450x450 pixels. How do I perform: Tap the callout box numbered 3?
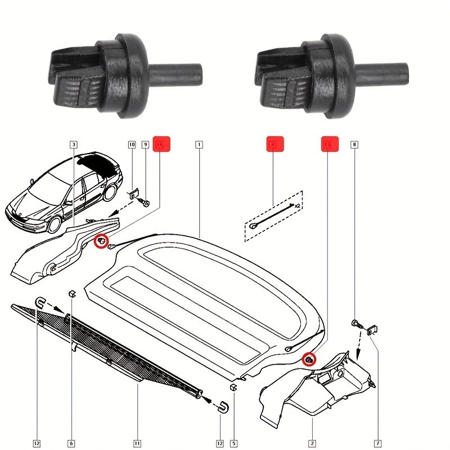tap(74, 145)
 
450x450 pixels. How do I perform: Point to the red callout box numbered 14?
tap(161, 145)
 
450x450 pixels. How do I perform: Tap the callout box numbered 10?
tap(132, 145)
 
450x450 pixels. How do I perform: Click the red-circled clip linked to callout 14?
tap(101, 241)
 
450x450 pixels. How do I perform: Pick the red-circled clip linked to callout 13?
tap(309, 358)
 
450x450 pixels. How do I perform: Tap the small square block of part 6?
tap(71, 293)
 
